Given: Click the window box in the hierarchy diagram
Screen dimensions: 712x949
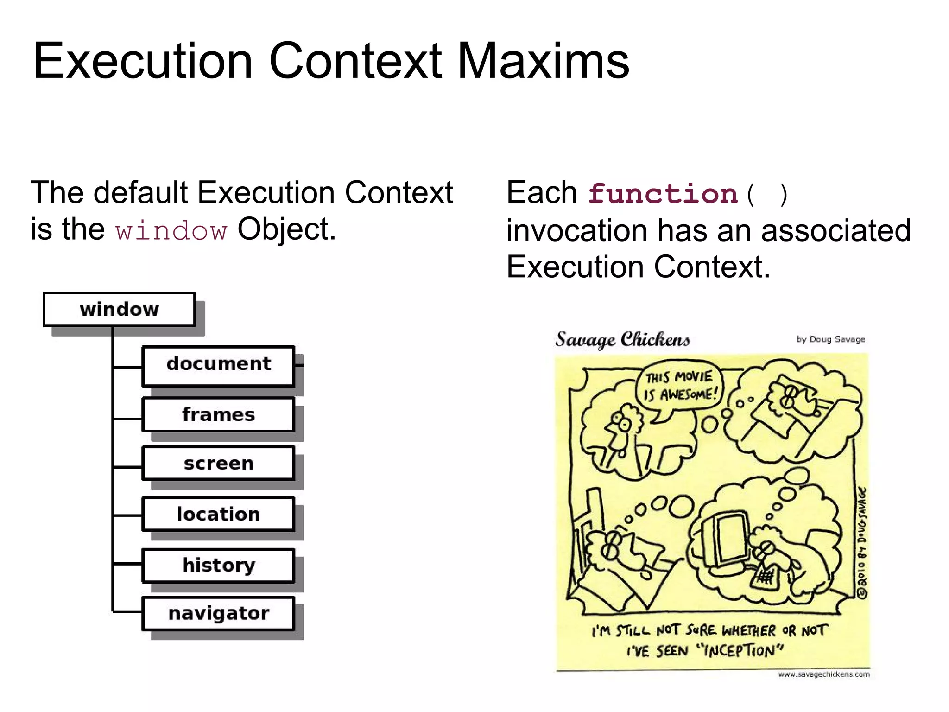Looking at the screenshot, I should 119,309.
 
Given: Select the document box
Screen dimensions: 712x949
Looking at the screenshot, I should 218,365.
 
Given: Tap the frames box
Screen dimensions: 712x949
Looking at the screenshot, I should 218,414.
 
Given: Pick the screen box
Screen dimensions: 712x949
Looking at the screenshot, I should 218,463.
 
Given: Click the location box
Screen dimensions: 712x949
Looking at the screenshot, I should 218,514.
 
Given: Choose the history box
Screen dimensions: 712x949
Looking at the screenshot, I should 218,565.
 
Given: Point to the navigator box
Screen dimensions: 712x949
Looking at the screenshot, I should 218,613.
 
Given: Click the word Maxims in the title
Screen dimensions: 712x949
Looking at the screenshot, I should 543,61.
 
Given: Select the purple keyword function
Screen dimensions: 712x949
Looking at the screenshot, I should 663,194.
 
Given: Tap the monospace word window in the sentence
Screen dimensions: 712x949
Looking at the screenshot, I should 171,231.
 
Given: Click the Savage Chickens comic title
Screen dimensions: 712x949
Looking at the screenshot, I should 622,339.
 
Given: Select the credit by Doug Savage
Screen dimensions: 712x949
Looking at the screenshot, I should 830,339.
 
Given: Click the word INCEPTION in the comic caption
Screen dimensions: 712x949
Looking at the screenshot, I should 741,651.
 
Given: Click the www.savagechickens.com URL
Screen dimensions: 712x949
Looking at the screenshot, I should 823,674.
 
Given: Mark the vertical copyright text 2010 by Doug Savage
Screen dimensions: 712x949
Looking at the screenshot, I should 862,542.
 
